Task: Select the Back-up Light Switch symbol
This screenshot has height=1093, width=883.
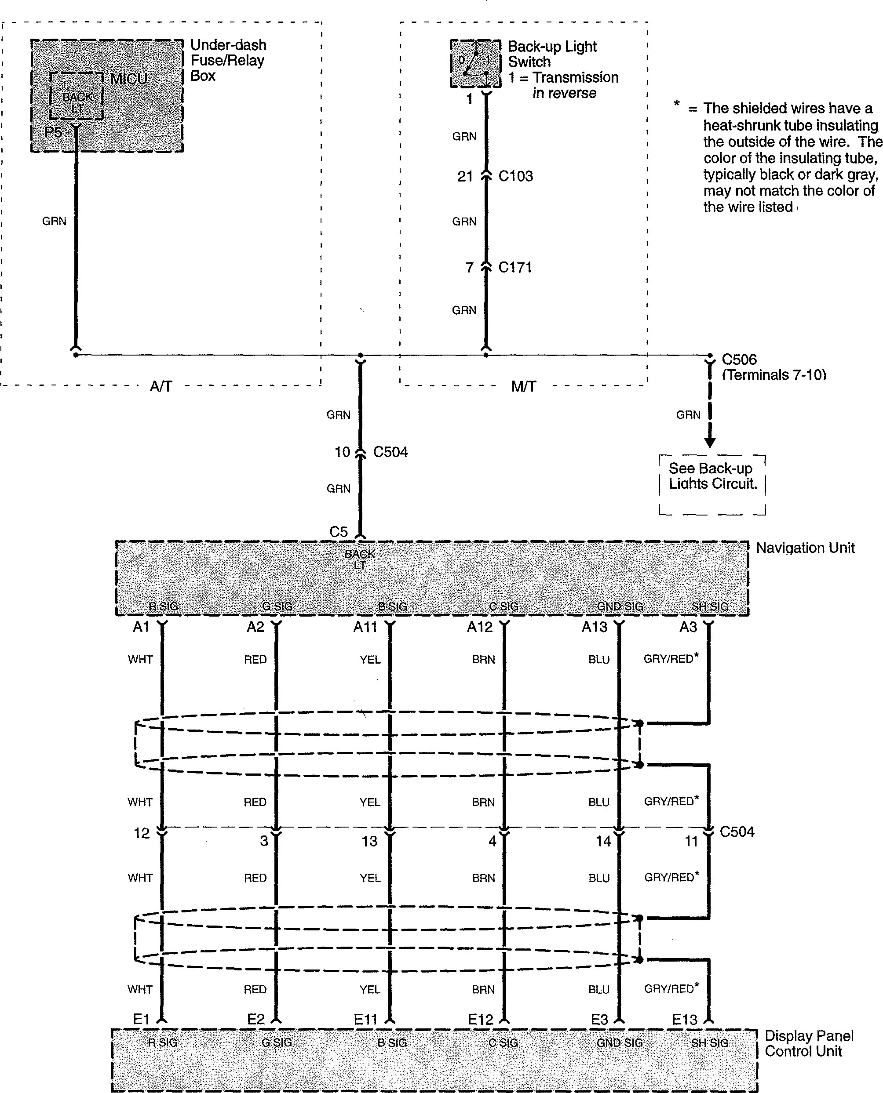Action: click(475, 64)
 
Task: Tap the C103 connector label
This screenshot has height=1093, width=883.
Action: click(515, 176)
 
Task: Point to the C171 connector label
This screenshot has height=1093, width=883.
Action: click(515, 267)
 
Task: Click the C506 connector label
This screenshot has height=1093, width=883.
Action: click(739, 359)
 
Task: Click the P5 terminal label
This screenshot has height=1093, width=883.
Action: click(53, 132)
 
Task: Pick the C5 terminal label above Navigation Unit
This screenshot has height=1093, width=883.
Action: click(338, 532)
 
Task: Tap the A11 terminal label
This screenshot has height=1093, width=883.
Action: click(365, 627)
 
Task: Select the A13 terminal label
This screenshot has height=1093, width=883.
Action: click(594, 627)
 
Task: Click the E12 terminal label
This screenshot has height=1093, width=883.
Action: click(480, 1019)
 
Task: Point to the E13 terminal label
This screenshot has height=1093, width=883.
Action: click(684, 1019)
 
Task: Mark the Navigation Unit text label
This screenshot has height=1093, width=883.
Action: click(805, 548)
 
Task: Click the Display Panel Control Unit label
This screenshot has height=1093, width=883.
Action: click(809, 1043)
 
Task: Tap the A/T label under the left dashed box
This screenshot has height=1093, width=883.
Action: click(161, 386)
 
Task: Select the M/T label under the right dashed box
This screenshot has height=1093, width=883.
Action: click(523, 386)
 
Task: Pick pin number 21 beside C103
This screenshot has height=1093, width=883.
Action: click(465, 176)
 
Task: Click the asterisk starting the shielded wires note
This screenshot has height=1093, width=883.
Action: click(676, 105)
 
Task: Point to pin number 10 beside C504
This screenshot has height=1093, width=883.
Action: click(342, 452)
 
